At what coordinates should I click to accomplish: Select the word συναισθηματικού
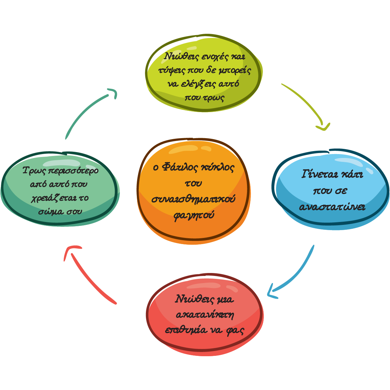(x=193, y=199)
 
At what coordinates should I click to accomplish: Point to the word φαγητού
(x=194, y=215)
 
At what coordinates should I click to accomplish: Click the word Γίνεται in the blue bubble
(x=316, y=175)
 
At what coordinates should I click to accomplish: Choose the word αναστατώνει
(x=332, y=207)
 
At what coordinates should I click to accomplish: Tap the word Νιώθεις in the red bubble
(x=191, y=299)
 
